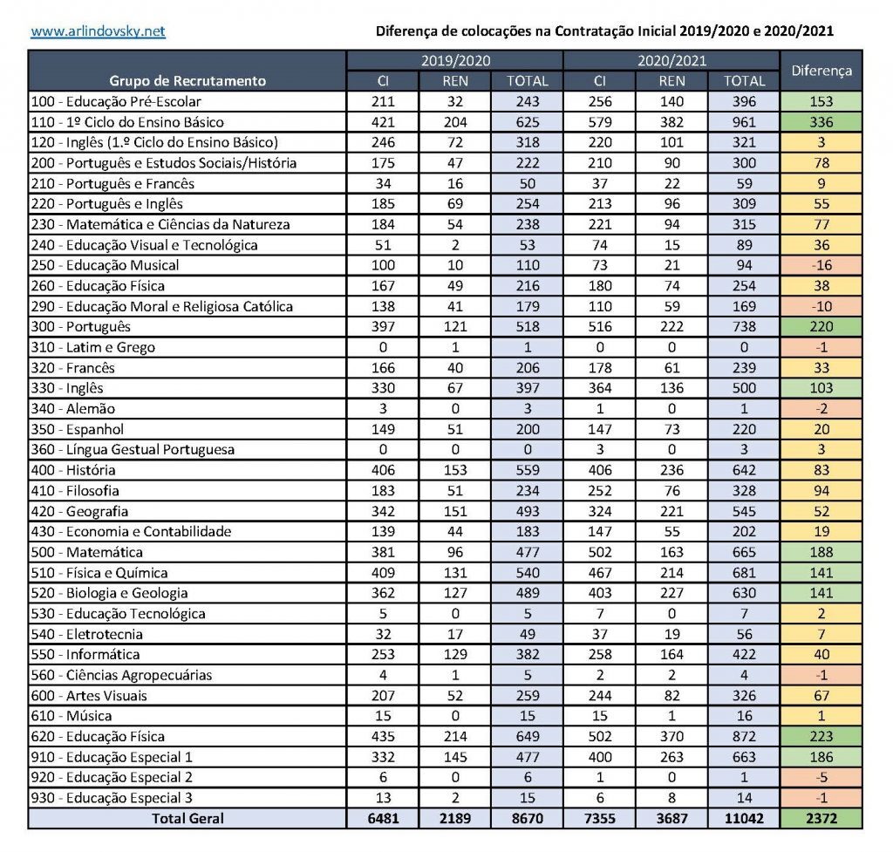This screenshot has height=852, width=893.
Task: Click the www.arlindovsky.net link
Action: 98,32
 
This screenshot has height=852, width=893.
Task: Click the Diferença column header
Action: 821,71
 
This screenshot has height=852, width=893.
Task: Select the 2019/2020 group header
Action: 454,61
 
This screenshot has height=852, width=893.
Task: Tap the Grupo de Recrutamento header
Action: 187,80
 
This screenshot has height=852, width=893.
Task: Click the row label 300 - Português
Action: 81,327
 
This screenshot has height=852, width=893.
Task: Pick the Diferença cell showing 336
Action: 821,122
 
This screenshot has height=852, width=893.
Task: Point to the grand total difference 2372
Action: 821,818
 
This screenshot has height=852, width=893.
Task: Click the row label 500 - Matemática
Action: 87,552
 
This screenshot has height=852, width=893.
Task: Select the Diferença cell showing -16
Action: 821,265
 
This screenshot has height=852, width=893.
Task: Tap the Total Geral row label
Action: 187,818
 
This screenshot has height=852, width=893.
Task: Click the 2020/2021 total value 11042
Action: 744,818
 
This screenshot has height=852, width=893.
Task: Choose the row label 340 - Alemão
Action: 73,408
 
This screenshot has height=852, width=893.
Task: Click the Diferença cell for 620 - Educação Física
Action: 821,737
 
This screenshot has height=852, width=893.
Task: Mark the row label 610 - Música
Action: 72,716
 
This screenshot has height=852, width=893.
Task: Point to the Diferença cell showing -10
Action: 821,306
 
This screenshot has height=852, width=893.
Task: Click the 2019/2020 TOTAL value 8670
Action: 528,818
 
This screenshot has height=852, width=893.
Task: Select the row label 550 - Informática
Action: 85,654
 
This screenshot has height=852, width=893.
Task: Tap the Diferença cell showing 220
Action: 821,327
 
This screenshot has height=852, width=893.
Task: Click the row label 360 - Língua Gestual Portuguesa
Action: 133,449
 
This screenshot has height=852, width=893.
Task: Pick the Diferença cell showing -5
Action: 821,777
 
